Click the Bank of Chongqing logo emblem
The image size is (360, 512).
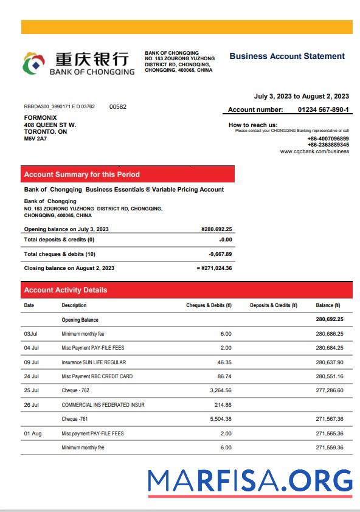35,63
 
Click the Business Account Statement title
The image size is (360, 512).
287,56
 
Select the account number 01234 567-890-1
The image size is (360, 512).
323,109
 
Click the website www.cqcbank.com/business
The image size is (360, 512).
314,151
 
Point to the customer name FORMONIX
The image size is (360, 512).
36,118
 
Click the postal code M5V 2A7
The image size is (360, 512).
35,139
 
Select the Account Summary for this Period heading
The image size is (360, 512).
81,175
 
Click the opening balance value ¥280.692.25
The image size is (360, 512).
216,229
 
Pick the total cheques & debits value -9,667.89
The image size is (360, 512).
220,254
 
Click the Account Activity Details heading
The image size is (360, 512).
65,290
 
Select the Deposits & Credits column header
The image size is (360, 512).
273,305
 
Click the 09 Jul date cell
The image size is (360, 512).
32,362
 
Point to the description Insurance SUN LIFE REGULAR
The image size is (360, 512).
94,362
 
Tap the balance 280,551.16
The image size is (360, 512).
330,376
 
